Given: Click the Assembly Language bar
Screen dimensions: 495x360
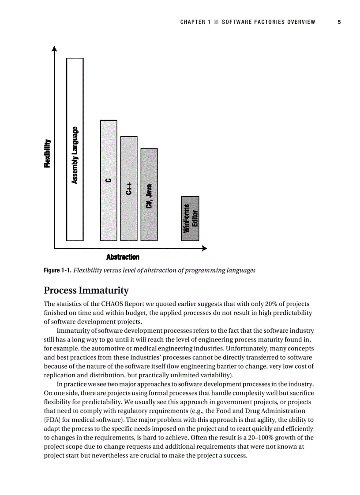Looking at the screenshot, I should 75,149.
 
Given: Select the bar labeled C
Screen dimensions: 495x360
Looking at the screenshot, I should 109,180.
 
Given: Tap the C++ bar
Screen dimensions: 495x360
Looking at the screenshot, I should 129,188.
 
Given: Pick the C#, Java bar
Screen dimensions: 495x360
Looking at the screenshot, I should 149,194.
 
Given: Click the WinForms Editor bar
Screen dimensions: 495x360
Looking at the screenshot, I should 190,218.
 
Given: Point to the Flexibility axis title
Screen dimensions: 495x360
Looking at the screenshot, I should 47,153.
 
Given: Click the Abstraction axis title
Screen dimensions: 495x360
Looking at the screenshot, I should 123,257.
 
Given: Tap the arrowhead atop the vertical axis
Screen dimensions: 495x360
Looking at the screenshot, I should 54,48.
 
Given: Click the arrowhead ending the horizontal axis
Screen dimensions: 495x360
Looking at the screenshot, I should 204,249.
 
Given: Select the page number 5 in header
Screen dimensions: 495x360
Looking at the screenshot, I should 339,22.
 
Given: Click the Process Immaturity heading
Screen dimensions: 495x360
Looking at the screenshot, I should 86,290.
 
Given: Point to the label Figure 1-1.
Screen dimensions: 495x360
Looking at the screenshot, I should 57,270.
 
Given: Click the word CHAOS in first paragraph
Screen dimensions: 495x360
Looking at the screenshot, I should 114,304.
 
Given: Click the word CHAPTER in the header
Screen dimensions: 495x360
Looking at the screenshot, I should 193,22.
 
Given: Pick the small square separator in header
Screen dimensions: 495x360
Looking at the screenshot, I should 216,22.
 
